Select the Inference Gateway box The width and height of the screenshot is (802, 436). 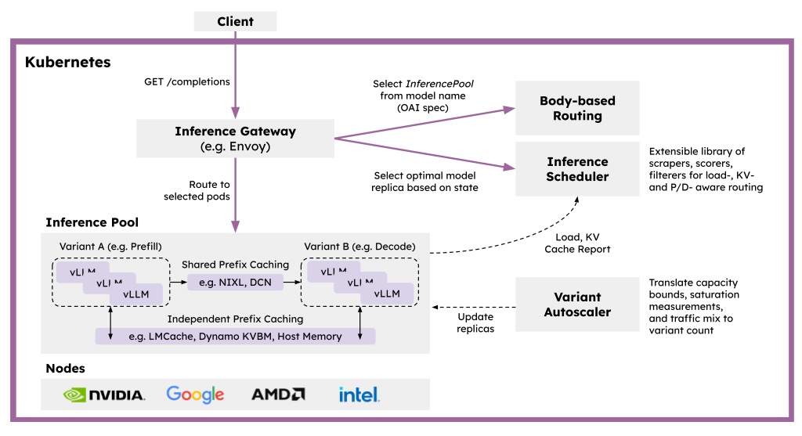pos(235,138)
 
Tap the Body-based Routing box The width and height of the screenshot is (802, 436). pos(577,109)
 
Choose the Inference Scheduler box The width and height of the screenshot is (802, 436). pos(577,169)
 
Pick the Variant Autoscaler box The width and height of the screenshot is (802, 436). pos(577,304)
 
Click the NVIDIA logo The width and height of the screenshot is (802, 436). pos(104,395)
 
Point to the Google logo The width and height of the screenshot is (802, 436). pos(195,395)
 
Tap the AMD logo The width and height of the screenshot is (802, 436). pos(278,395)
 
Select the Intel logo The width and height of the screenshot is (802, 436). pos(359,394)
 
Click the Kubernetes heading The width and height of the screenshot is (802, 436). pos(68,62)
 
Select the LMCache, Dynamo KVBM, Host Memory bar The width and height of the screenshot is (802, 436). pos(235,336)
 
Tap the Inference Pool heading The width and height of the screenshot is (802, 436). pos(92,222)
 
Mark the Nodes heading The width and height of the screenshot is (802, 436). pos(66,368)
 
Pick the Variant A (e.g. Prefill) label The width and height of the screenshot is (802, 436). pos(110,247)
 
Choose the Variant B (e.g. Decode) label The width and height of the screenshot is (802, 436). pos(360,247)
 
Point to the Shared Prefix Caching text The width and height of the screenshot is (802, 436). pos(235,264)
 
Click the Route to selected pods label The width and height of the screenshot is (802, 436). pos(197,190)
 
